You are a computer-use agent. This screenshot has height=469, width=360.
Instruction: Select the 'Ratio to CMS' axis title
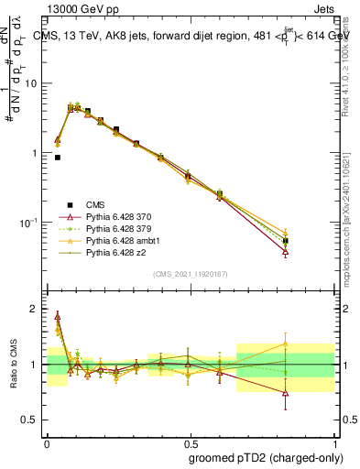coord(13,365)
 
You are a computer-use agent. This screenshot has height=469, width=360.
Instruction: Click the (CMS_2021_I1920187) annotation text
coord(191,274)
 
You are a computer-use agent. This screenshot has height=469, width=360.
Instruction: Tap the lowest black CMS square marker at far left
coord(58,158)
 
